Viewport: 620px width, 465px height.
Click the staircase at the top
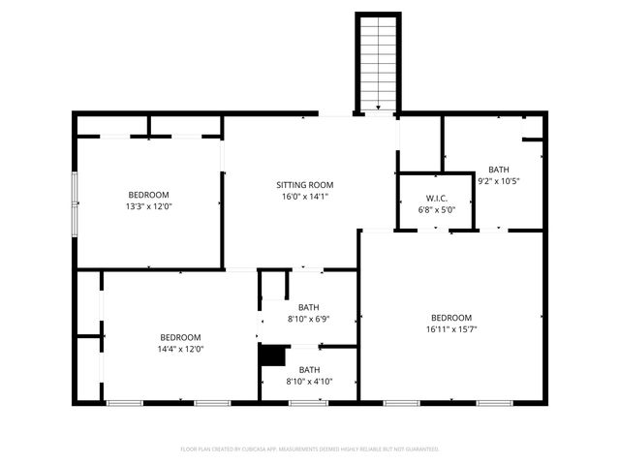[x=378, y=64]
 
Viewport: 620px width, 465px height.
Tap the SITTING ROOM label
[x=304, y=185]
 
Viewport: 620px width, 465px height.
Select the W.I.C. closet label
[x=435, y=199]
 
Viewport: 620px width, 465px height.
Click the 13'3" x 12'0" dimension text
[x=148, y=205]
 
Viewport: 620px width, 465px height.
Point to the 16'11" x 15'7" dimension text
[x=451, y=329]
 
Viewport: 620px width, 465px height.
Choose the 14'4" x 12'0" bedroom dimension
[x=180, y=349]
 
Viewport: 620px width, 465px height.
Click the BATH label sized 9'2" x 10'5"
[x=498, y=169]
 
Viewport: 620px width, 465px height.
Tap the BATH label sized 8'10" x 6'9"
[x=309, y=307]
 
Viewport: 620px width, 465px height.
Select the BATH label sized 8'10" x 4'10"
[x=309, y=369]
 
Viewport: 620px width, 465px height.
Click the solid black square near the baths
[x=272, y=356]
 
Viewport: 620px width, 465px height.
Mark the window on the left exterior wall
[x=75, y=204]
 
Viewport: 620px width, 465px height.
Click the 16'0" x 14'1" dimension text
[x=304, y=197]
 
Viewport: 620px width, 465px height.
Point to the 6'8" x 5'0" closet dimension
[x=435, y=210]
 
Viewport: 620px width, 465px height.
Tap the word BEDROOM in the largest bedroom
[x=451, y=318]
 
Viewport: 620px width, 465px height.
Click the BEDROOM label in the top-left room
[x=148, y=194]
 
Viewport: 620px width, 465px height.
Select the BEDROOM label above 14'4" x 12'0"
[x=180, y=337]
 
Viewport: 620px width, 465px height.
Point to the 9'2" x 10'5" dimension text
[x=498, y=180]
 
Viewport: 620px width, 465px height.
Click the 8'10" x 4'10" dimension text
[x=309, y=381]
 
